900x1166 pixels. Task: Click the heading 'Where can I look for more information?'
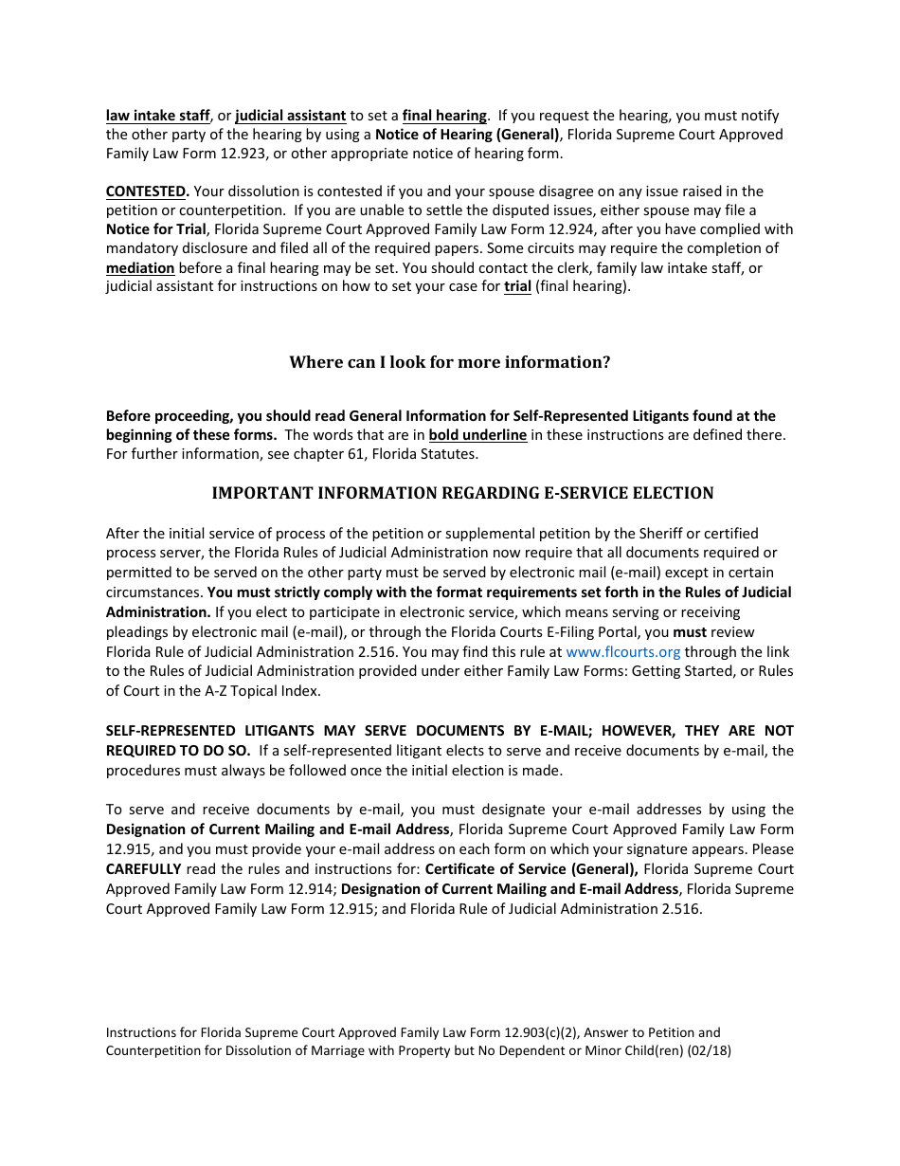click(449, 362)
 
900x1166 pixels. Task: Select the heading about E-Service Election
click(462, 493)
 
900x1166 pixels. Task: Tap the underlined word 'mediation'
click(140, 268)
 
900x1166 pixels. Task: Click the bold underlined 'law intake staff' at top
click(157, 116)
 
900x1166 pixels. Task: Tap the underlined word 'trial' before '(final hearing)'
click(517, 286)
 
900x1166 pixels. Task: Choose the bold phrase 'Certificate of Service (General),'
click(531, 869)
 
